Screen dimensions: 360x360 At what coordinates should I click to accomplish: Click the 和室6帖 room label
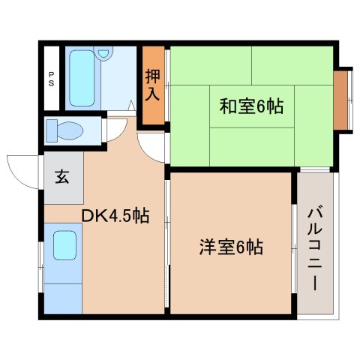250,107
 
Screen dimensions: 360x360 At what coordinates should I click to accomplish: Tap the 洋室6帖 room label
230,247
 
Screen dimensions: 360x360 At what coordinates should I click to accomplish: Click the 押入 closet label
153,85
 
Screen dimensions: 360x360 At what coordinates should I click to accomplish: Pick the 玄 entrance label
62,178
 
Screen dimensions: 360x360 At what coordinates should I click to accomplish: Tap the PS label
51,79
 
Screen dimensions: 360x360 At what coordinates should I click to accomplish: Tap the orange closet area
153,85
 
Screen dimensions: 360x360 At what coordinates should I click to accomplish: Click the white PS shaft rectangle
51,79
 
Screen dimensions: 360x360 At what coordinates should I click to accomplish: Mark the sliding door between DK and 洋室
166,247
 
